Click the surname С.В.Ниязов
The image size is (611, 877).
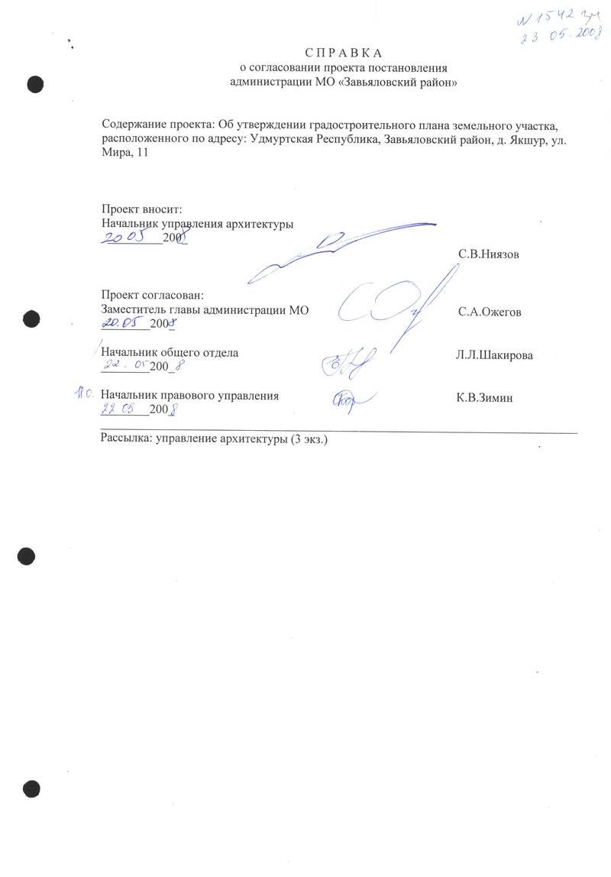(488, 254)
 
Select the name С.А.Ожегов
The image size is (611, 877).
(490, 312)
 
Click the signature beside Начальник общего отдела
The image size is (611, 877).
(348, 366)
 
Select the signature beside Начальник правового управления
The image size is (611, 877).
(351, 401)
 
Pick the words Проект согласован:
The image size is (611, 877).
(152, 296)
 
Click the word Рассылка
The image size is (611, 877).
(125, 440)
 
